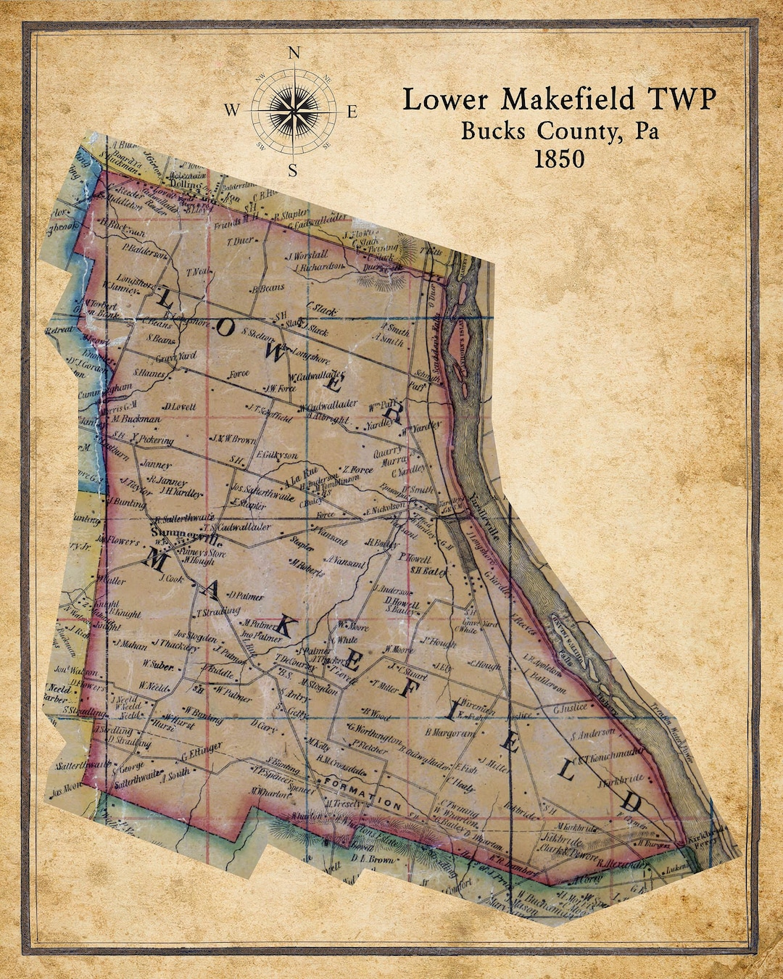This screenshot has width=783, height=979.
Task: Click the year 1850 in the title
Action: (559, 159)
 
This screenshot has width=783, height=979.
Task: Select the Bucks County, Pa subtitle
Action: (560, 131)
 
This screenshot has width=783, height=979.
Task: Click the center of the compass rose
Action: (294, 111)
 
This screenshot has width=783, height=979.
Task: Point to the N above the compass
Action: (294, 53)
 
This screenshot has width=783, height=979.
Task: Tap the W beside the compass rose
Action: (231, 111)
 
